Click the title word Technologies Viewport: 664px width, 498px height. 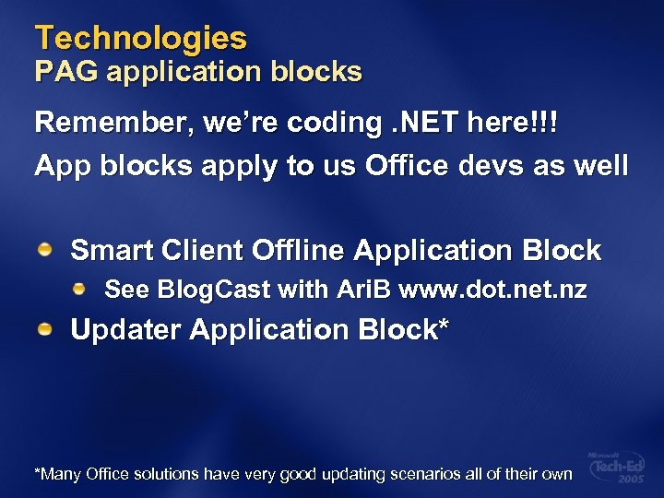[x=141, y=38]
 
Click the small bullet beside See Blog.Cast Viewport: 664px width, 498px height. [x=81, y=290]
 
